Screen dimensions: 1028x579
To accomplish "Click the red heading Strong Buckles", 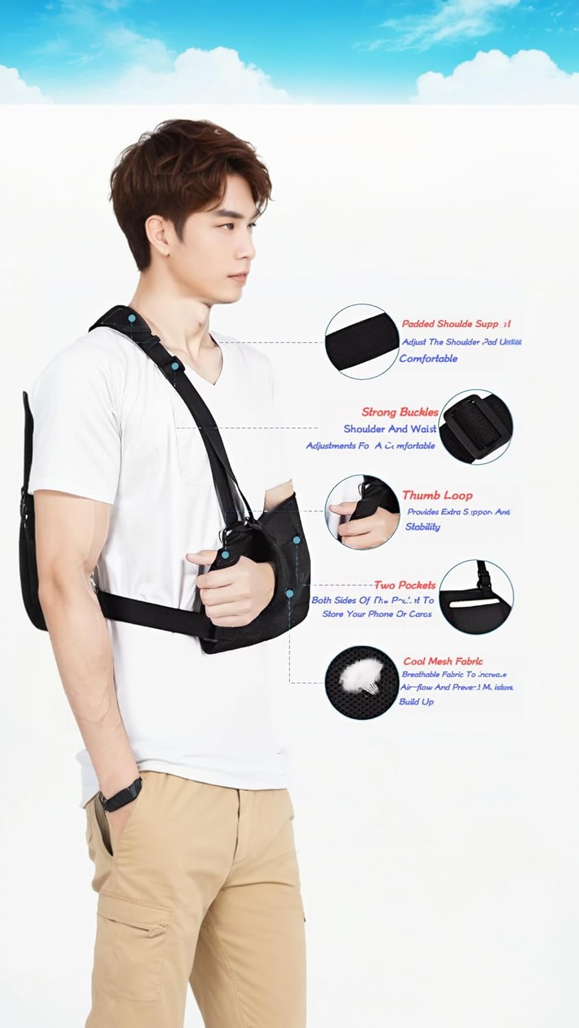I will pos(400,412).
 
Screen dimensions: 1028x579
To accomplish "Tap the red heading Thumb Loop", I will pos(437,495).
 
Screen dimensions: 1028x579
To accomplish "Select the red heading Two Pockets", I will pos(405,585).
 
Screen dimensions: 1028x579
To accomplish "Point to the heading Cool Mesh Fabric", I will pos(442,661).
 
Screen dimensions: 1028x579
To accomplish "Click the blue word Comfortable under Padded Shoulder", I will pos(428,358).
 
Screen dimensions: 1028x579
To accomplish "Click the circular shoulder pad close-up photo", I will pos(362,341).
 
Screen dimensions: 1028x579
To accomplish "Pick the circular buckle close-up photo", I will pos(475,426).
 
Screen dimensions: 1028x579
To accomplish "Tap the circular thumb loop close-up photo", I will pos(362,511).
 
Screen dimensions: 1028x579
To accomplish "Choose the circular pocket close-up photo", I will pos(475,597).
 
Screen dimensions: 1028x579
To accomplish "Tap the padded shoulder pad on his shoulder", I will pos(127,322).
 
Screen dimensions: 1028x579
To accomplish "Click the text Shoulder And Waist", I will pos(390,429).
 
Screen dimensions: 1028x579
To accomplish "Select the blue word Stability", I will pos(422,527).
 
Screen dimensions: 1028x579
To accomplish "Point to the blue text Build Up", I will pos(416,702).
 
